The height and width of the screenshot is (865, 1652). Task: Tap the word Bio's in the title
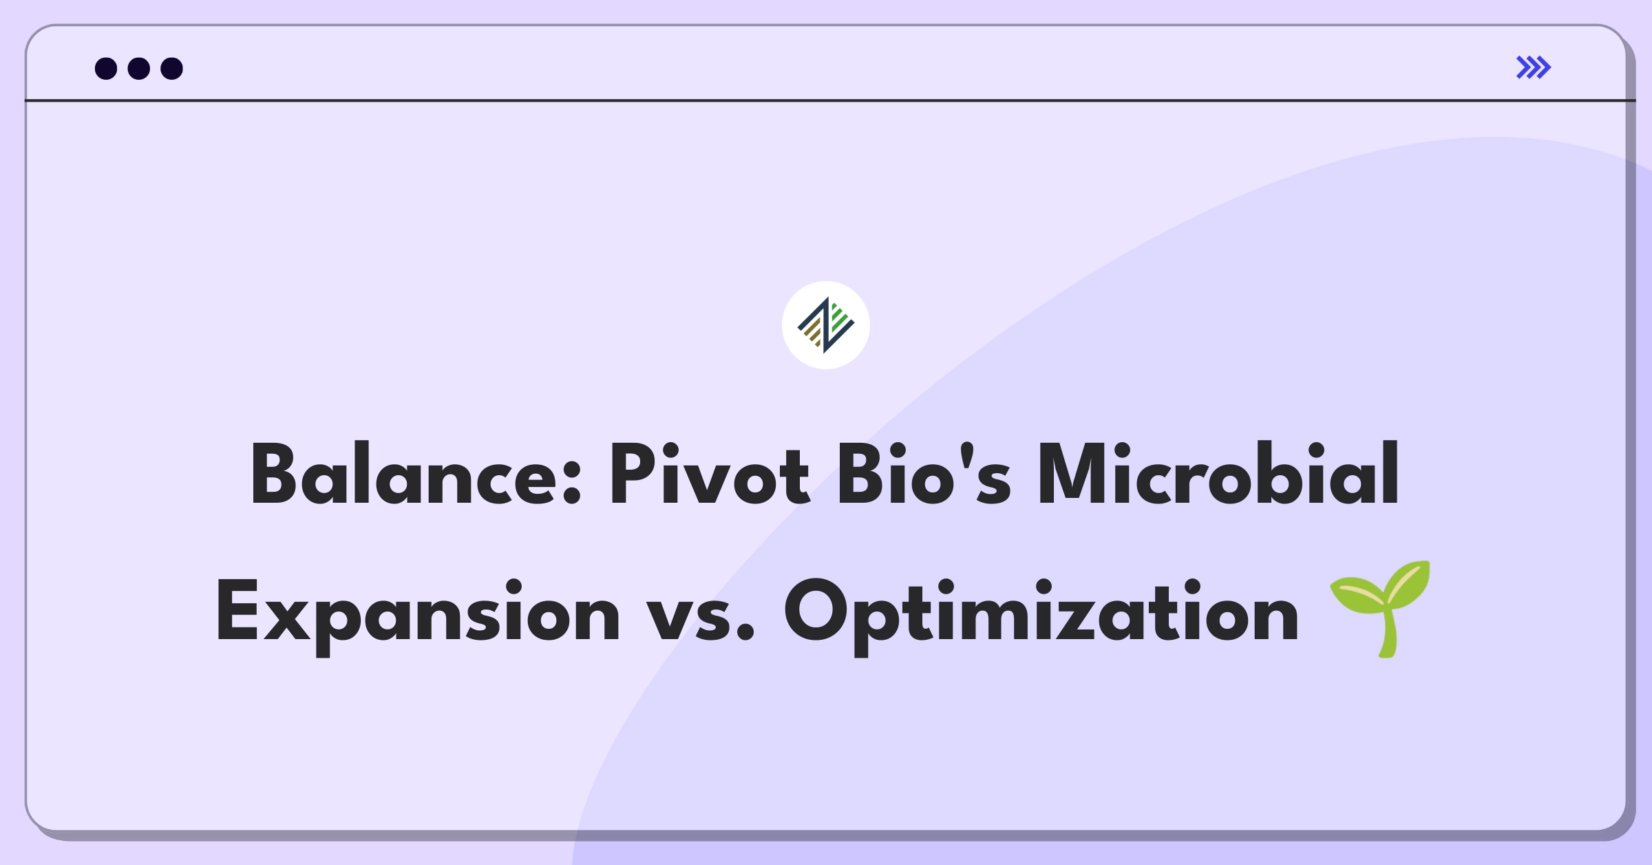coord(924,475)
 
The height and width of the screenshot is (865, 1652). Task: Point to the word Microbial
coord(1218,475)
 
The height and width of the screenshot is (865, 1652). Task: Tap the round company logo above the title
coord(826,325)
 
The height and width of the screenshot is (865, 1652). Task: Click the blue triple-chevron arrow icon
coord(1534,67)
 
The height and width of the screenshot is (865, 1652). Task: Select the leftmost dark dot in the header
coord(106,68)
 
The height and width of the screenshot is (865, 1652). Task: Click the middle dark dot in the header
coord(139,68)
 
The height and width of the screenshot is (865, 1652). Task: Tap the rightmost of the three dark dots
coord(172,68)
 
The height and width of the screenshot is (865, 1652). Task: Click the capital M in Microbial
coord(1077,475)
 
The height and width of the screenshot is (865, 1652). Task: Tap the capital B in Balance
coord(277,475)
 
